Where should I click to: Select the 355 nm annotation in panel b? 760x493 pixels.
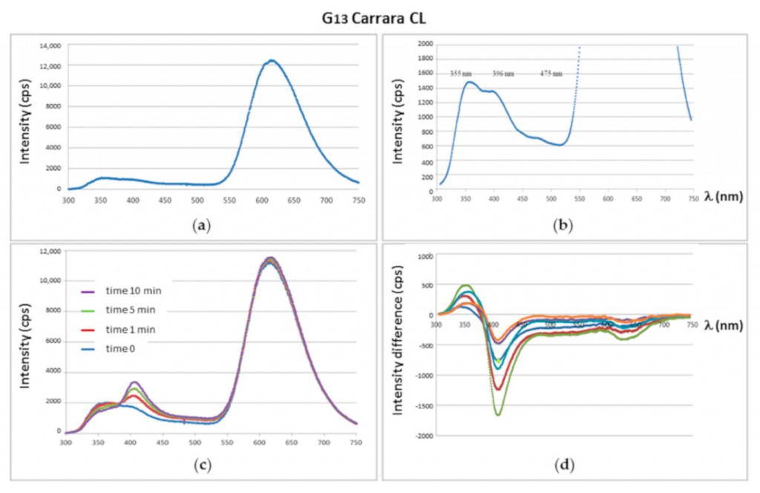click(460, 73)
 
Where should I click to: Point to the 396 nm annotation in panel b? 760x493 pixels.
click(503, 73)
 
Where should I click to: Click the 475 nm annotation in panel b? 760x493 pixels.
click(551, 73)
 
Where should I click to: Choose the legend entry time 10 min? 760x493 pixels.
click(122, 290)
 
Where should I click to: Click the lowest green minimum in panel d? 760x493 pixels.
click(497, 414)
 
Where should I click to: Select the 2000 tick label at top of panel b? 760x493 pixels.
click(425, 44)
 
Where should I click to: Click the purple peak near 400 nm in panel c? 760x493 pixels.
click(134, 382)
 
